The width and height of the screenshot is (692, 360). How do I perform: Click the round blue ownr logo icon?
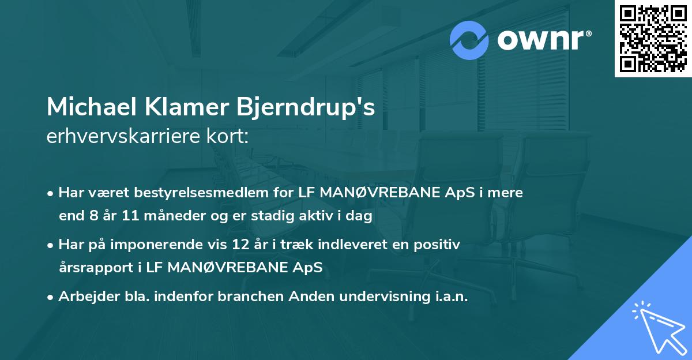[469, 40]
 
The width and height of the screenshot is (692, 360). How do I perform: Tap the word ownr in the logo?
[543, 40]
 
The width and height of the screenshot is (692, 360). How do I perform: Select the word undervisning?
[392, 297]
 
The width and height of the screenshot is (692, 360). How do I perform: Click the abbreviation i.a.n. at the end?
[452, 297]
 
